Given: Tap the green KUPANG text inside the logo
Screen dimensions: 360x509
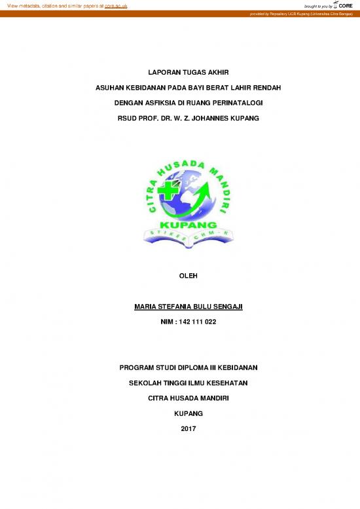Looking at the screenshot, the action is (x=179, y=225).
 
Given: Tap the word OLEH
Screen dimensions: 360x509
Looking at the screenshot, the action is (x=179, y=276).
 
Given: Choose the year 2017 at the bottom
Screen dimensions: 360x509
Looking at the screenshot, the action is (x=179, y=429).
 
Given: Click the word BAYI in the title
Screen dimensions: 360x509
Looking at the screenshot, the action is (x=185, y=86).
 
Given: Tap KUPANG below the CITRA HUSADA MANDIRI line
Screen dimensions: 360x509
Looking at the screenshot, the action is (x=179, y=413).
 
